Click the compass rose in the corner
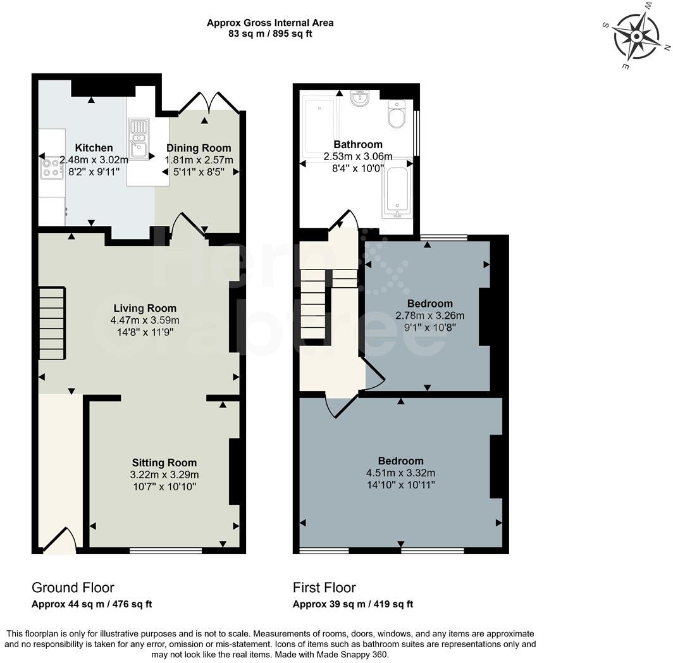click(636, 35)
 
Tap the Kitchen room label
click(94, 148)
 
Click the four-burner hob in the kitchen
click(51, 168)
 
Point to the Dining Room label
click(199, 149)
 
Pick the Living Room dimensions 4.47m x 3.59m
click(145, 320)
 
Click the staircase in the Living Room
click(52, 323)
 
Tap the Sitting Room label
click(164, 462)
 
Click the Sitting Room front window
click(166, 550)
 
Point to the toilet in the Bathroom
click(397, 116)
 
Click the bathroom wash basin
click(360, 99)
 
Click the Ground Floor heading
click(73, 588)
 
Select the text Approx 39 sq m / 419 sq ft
click(352, 604)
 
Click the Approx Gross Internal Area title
click(270, 23)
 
